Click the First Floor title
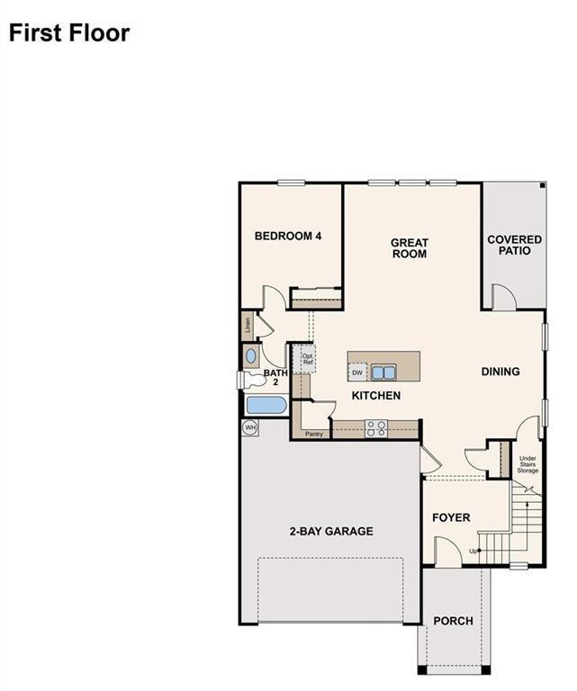coord(69,33)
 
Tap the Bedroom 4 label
coord(288,237)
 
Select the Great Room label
coord(409,248)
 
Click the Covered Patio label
coord(514,245)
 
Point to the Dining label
coord(500,372)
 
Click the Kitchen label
coord(375,396)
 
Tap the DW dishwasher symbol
coord(357,372)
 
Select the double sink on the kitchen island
coord(384,372)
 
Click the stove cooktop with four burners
coord(375,429)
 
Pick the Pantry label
coord(313,435)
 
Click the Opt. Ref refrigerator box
coord(307,358)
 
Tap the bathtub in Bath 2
coord(266,406)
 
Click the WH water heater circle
coord(250,427)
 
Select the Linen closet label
coord(247,325)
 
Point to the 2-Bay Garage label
coord(331,532)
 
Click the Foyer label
coord(451,518)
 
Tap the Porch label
coord(453,621)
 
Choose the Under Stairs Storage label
coord(527,465)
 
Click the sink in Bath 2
coord(251,356)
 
